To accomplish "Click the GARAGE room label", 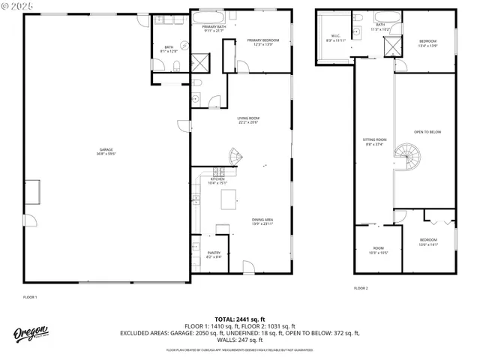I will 105,151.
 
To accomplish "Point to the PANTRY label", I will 214,255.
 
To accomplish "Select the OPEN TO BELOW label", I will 427,132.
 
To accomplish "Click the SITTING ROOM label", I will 375,142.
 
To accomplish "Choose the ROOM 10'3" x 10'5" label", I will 379,250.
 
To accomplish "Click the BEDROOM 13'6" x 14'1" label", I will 427,242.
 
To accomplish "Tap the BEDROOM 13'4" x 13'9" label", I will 427,43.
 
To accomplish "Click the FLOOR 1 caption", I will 30,297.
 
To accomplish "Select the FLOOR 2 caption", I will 361,288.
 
